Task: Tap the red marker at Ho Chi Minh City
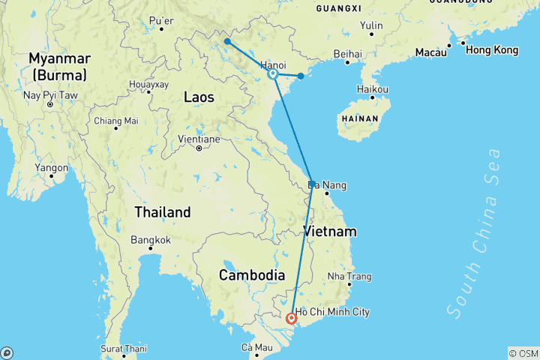pyautogui.click(x=292, y=318)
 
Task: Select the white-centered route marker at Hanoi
pyautogui.click(x=273, y=74)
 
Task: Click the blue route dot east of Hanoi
pyautogui.click(x=301, y=76)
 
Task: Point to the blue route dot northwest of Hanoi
pyautogui.click(x=226, y=41)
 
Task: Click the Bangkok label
pyautogui.click(x=151, y=240)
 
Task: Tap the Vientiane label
pyautogui.click(x=199, y=139)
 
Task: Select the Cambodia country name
pyautogui.click(x=250, y=275)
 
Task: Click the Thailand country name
pyautogui.click(x=163, y=212)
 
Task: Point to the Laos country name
pyautogui.click(x=199, y=97)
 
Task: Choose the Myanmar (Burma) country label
pyautogui.click(x=59, y=66)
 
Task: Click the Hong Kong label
pyautogui.click(x=491, y=50)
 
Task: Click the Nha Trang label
pyautogui.click(x=349, y=276)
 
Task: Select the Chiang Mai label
pyautogui.click(x=115, y=121)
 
